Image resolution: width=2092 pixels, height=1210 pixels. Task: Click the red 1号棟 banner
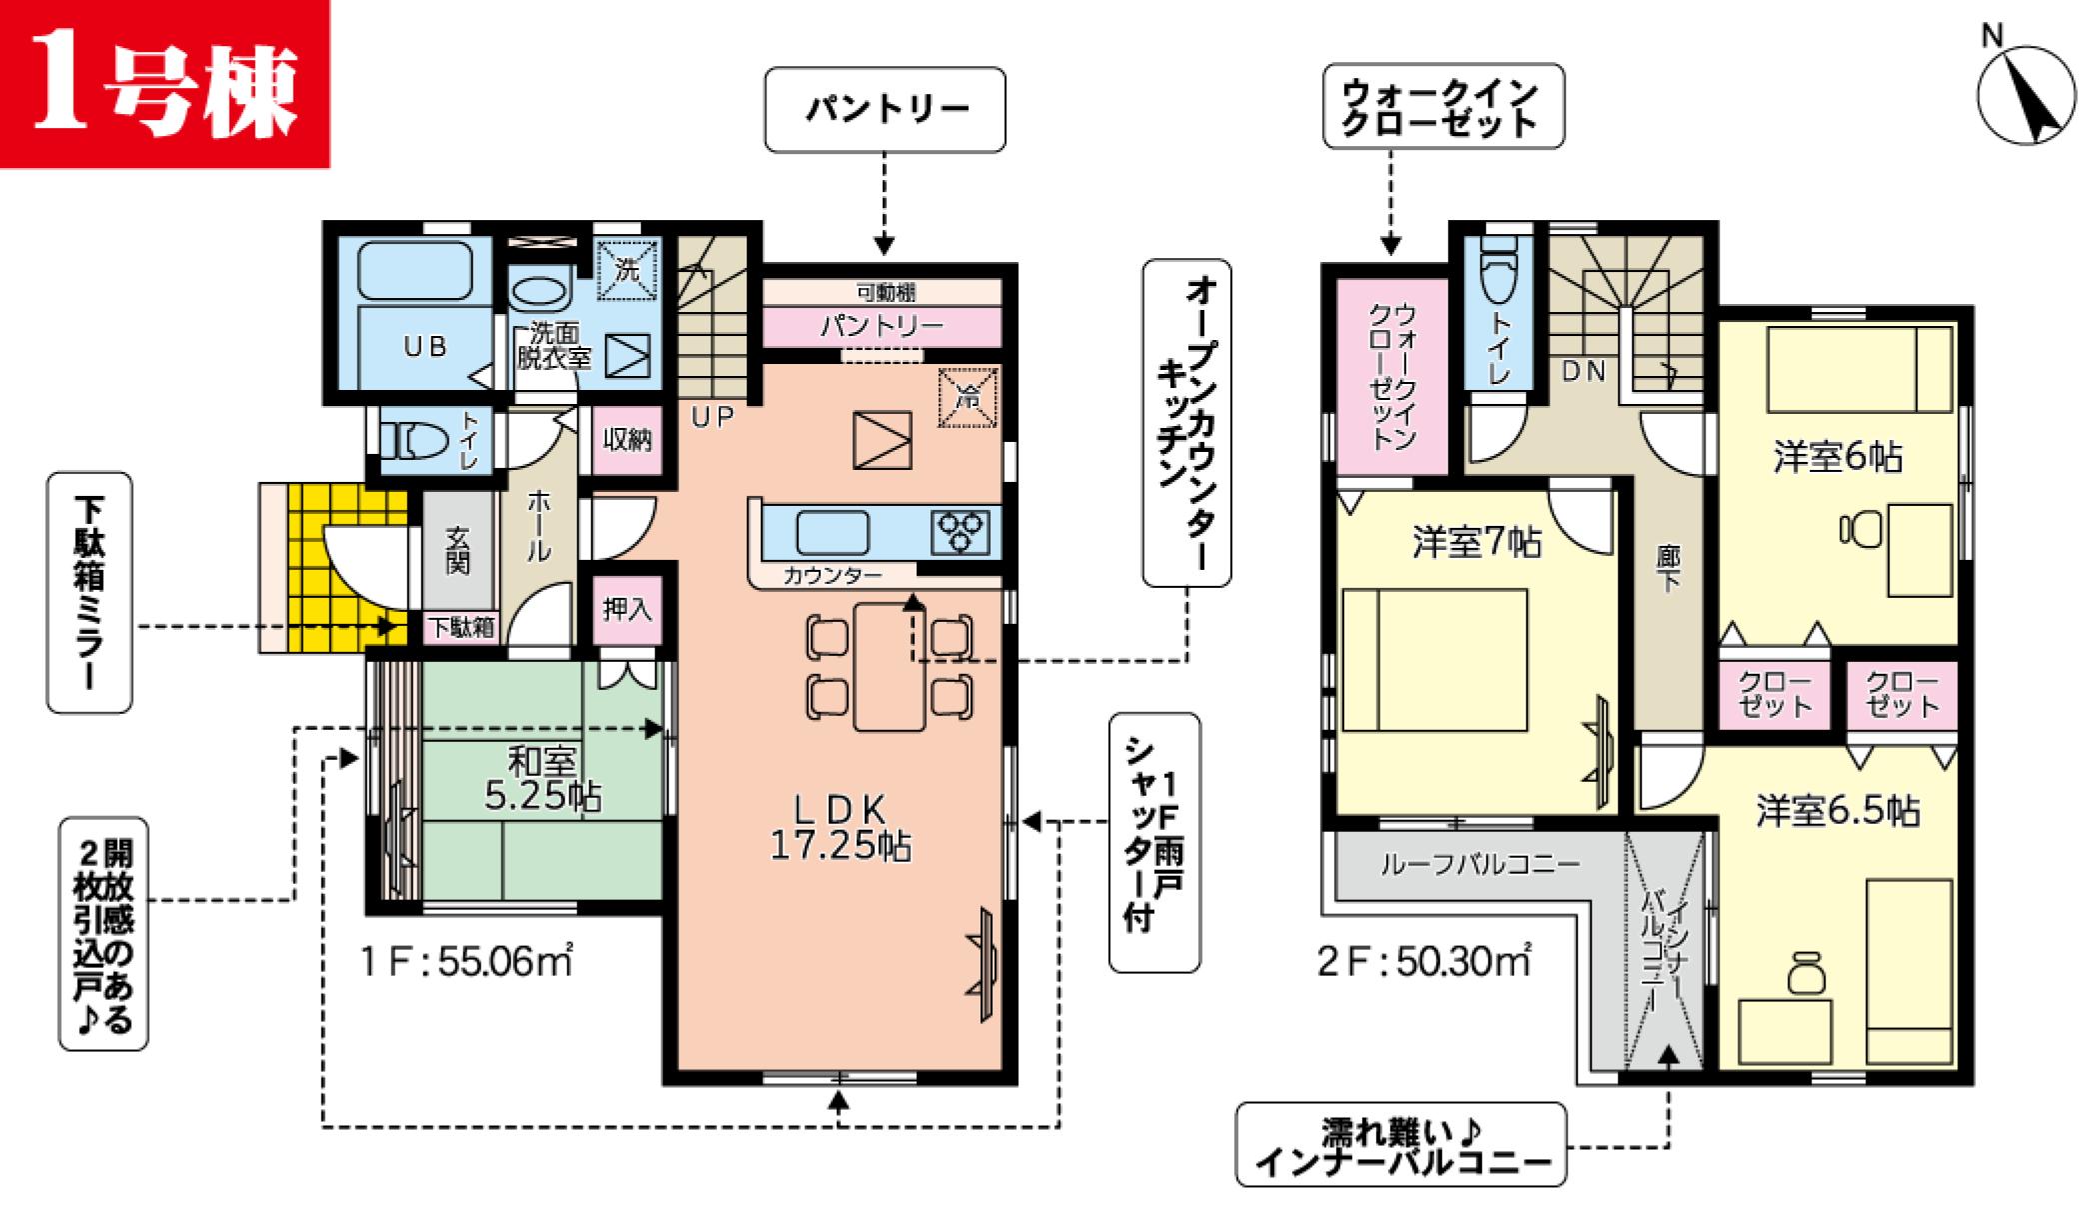pyautogui.click(x=165, y=83)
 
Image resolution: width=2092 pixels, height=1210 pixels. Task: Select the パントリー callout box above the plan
pyautogui.click(x=885, y=110)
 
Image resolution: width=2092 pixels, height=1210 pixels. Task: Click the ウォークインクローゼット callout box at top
pyautogui.click(x=1443, y=107)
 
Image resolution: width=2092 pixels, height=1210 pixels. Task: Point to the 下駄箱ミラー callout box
pyautogui.click(x=90, y=593)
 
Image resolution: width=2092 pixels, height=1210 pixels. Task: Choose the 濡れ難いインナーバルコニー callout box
pyautogui.click(x=1401, y=1145)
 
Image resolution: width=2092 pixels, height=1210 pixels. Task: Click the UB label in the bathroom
pyautogui.click(x=424, y=346)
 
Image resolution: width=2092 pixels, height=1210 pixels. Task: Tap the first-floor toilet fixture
pyautogui.click(x=415, y=440)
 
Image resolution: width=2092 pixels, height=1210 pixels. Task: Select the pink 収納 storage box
pyautogui.click(x=627, y=439)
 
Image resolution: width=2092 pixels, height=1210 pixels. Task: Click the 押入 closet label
pyautogui.click(x=627, y=609)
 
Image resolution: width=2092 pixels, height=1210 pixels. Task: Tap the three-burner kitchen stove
pyautogui.click(x=961, y=532)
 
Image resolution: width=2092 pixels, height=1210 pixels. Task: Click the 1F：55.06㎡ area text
pyautogui.click(x=467, y=961)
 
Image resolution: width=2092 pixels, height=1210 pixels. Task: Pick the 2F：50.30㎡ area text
pyautogui.click(x=1424, y=961)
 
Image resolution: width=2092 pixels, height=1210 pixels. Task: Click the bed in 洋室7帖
pyautogui.click(x=1434, y=660)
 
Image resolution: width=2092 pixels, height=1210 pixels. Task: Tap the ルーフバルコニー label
pyautogui.click(x=1480, y=864)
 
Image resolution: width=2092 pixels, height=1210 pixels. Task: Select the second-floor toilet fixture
pyautogui.click(x=1497, y=271)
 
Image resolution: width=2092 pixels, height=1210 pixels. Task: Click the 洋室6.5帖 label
pyautogui.click(x=1838, y=811)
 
